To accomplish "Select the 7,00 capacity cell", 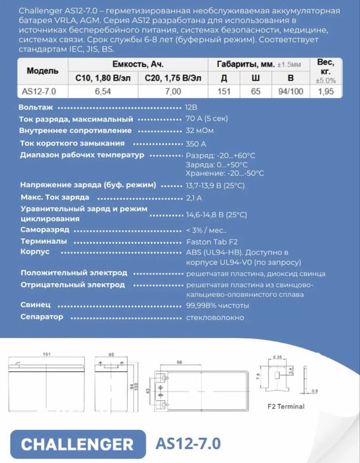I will click(x=171, y=91).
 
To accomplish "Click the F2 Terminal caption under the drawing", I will click(x=289, y=403).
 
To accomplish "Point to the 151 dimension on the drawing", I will click(x=47, y=355).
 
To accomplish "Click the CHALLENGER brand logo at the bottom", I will click(x=77, y=442).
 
